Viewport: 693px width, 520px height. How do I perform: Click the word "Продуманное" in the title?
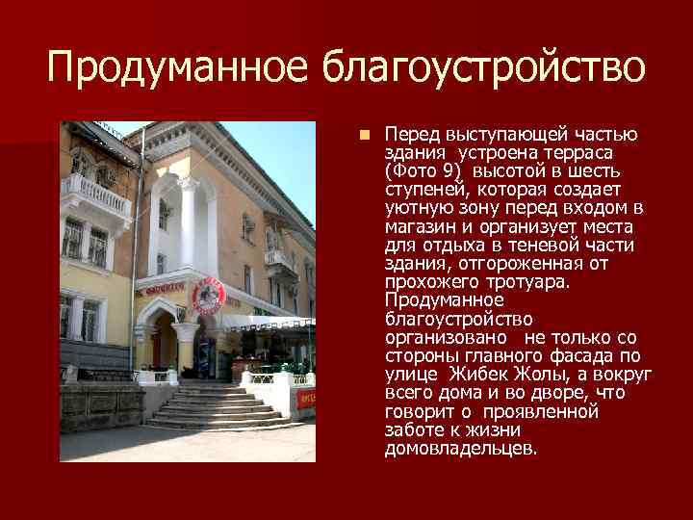pos(178,67)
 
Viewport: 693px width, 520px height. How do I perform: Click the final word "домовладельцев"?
pos(460,449)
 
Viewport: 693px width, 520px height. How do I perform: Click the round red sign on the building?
pos(208,295)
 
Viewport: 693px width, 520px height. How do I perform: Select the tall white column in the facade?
pos(189,231)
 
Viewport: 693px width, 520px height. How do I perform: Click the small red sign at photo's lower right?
pos(305,397)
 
